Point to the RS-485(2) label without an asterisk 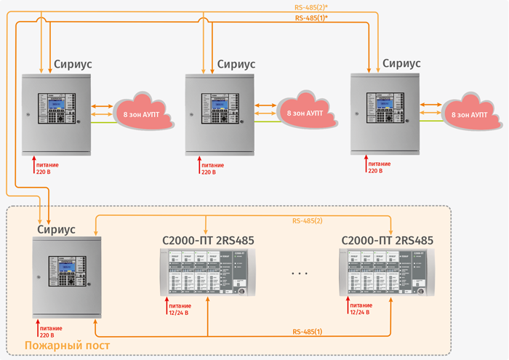click(x=307, y=220)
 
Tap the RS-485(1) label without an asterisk click(x=307, y=332)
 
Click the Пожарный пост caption click(x=67, y=345)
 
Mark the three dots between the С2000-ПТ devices click(x=299, y=273)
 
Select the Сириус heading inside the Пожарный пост click(x=56, y=229)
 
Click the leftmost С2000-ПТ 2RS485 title click(x=207, y=240)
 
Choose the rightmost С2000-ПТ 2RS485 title click(x=387, y=240)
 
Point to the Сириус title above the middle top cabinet click(x=236, y=63)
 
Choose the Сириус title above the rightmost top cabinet click(x=401, y=63)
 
